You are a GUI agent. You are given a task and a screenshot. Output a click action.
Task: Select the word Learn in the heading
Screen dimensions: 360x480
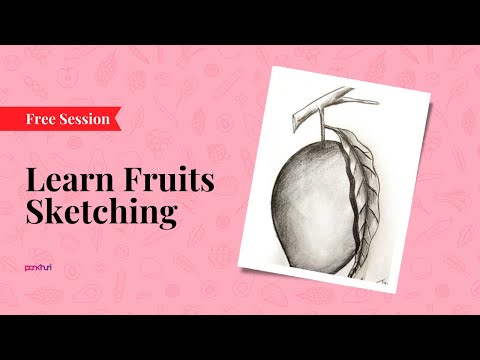[66, 183]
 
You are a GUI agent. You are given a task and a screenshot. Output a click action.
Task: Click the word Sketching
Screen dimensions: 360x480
[101, 213]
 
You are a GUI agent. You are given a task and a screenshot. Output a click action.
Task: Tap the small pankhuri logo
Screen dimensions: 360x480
[38, 267]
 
